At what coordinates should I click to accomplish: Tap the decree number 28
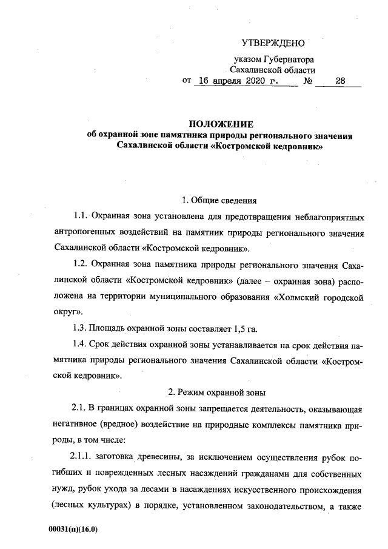[339, 81]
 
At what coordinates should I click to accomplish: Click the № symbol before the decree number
[307, 81]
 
